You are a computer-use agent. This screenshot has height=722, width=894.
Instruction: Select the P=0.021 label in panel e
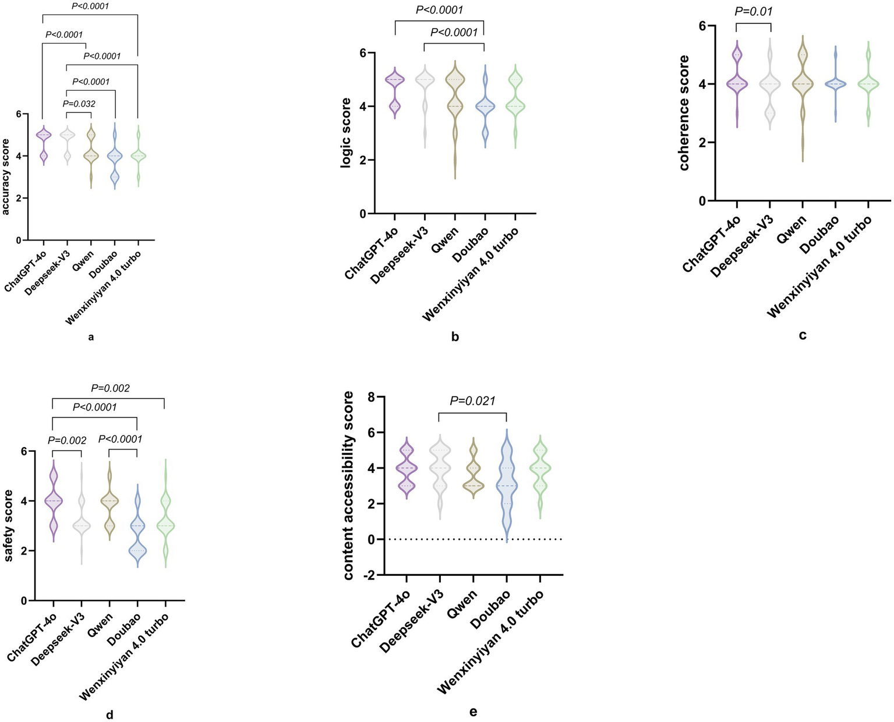pyautogui.click(x=472, y=401)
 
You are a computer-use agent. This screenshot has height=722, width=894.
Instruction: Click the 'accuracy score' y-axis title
pyautogui.click(x=7, y=176)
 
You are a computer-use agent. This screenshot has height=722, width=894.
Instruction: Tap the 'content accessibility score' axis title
pyautogui.click(x=348, y=485)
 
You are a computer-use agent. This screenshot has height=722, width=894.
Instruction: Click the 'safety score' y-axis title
pyautogui.click(x=9, y=525)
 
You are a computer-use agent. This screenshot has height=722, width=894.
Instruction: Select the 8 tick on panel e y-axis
pyautogui.click(x=380, y=397)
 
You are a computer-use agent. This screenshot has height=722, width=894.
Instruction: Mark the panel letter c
pyautogui.click(x=803, y=335)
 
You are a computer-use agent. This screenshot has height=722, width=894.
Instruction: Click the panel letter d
pyautogui.click(x=109, y=714)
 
